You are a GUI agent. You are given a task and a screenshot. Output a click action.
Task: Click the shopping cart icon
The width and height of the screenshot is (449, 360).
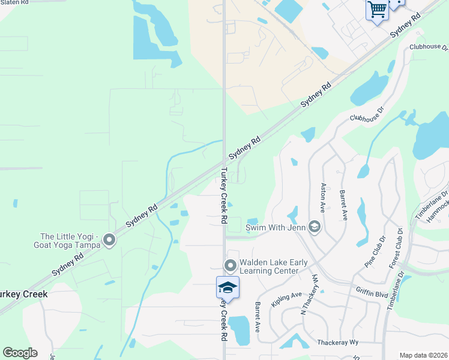pos(377,10)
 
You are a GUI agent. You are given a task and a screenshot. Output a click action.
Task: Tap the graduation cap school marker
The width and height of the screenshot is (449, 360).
pos(228,287)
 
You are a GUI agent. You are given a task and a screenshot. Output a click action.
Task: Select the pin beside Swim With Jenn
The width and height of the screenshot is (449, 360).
pos(314,227)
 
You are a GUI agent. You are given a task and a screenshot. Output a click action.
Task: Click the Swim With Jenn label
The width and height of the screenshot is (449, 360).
pos(275,227)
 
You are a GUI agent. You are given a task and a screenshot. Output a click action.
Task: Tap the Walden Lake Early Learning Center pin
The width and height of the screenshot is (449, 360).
pos(230,265)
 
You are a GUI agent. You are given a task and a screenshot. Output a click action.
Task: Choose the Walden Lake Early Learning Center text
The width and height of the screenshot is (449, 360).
pos(269,266)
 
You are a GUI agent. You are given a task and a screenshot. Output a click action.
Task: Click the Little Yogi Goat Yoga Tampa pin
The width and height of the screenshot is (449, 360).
pos(109,240)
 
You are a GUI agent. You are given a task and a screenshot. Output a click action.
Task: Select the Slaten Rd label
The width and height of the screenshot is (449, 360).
pos(14,3)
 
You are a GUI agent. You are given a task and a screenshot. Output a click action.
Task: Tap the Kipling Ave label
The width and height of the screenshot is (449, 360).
pos(286,299)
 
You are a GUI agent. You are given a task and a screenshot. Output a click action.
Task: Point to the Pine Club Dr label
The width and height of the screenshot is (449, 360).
pos(373,251)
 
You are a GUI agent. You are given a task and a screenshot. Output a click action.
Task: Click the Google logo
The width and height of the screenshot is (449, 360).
pos(20,353)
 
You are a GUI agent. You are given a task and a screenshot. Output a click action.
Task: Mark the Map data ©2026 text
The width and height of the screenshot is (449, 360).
pos(423,355)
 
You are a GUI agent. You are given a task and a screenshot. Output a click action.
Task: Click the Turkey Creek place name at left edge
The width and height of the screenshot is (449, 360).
pos(23,295)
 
